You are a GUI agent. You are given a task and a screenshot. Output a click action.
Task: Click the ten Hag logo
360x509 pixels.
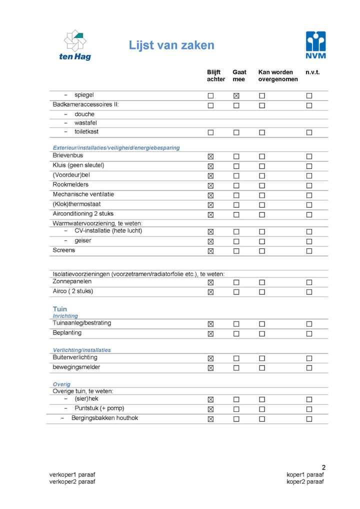[75, 45]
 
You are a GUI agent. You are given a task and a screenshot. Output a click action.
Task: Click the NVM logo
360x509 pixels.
[315, 45]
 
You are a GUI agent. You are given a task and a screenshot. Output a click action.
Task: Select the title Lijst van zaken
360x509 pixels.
[171, 45]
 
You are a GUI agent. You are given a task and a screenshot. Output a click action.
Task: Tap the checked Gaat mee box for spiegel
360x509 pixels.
[236, 95]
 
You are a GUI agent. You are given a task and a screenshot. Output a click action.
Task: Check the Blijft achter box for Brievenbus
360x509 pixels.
[210, 156]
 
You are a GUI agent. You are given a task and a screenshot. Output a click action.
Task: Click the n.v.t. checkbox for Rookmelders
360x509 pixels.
[309, 185]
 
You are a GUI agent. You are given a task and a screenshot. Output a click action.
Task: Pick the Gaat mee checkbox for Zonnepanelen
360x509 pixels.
[236, 282]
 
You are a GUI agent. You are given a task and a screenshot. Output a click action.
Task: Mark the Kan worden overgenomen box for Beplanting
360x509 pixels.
[261, 333]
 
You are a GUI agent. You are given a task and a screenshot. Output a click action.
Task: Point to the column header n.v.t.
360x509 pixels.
[312, 72]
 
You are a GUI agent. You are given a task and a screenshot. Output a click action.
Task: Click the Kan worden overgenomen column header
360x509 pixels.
[278, 75]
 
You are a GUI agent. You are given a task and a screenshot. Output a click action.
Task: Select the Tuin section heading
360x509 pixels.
[59, 309]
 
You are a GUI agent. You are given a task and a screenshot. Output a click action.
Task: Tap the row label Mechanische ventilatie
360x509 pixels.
[83, 194]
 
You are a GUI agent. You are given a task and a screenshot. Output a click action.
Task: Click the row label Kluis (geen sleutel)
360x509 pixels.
[78, 165]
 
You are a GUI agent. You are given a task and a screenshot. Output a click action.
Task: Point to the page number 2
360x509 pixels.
[323, 467]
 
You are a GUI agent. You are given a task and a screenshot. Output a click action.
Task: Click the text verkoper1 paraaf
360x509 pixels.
[72, 474]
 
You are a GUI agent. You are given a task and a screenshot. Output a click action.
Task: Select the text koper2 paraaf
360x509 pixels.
[305, 481]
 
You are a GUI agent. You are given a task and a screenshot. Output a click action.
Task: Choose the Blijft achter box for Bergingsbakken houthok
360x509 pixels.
[210, 419]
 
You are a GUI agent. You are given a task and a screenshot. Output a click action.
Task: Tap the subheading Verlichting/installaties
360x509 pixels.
[82, 350]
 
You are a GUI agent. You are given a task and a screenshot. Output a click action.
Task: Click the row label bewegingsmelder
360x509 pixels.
[76, 367]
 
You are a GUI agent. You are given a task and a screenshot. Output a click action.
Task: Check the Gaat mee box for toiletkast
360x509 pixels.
[236, 132]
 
